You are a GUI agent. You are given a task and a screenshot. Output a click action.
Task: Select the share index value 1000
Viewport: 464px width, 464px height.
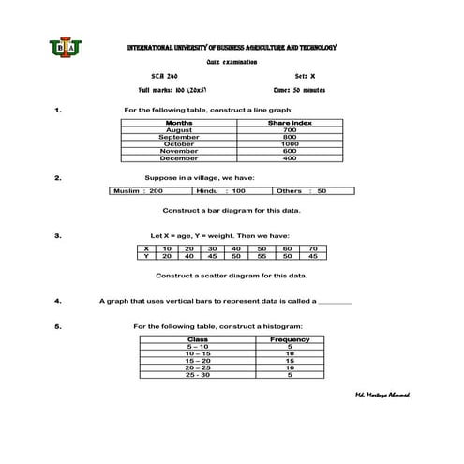290,143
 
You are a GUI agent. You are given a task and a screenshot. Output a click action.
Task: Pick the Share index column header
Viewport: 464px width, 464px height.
290,123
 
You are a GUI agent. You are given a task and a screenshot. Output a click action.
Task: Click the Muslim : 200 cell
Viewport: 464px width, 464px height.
137,191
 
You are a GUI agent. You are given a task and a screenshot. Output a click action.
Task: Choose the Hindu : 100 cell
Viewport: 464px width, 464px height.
220,191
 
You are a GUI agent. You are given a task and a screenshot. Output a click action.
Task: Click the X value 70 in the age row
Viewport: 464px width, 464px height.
314,248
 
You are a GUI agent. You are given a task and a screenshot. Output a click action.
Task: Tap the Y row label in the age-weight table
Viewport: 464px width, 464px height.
145,256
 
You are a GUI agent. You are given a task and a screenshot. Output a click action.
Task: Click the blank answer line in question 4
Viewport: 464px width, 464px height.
337,303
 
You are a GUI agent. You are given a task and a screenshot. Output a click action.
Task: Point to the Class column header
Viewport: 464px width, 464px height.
198,338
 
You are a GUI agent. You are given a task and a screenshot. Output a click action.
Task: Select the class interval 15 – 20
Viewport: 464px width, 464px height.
198,360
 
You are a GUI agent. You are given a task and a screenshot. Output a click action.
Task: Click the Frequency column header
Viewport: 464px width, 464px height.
290,338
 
